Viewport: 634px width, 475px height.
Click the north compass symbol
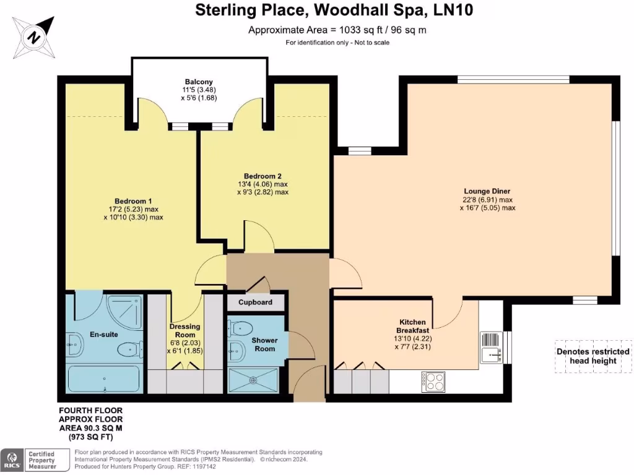point(35,36)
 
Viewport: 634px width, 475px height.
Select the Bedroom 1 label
point(133,201)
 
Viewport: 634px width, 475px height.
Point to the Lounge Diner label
point(487,191)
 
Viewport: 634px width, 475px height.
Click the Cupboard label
point(255,302)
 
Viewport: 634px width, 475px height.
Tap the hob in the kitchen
point(433,380)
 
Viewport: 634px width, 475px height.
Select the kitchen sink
point(492,354)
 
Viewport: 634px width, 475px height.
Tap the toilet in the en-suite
point(128,350)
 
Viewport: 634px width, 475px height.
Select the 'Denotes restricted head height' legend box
point(586,356)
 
